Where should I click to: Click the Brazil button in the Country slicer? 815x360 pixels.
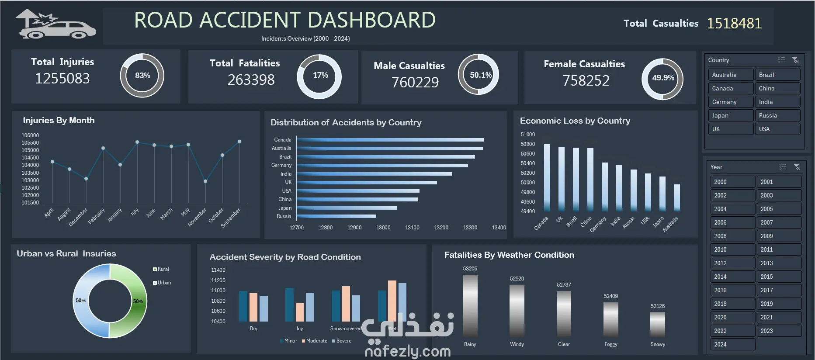777,75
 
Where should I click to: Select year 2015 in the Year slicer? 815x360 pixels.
779,277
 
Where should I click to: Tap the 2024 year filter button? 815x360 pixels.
732,344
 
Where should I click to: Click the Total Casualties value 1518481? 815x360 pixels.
734,23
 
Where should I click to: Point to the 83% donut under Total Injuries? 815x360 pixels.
142,76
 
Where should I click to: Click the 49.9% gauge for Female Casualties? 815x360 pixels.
662,78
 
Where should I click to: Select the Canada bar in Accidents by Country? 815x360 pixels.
390,140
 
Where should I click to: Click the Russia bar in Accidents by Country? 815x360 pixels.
336,216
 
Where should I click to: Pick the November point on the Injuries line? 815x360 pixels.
205,181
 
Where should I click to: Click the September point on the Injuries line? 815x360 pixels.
239,142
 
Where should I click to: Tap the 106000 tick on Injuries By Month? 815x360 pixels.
30,135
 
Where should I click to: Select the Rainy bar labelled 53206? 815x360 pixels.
470,305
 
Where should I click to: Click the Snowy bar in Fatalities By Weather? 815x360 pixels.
658,324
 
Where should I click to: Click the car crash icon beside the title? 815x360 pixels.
55,25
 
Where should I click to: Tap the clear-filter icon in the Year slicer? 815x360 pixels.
797,167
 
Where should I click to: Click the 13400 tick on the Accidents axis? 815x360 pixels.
499,228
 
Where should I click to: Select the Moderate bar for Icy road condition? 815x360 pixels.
300,312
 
